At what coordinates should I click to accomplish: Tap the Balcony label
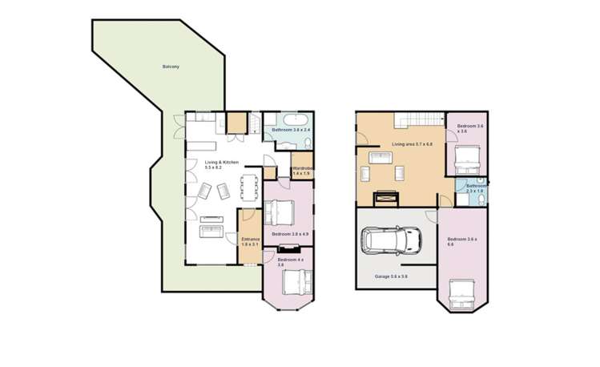170,67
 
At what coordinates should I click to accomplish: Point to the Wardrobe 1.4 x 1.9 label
302,171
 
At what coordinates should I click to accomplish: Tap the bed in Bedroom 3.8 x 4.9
280,212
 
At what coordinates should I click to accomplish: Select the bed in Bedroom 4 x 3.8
292,283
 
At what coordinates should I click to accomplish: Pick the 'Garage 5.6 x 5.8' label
392,276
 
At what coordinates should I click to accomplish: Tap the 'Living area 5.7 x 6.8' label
413,144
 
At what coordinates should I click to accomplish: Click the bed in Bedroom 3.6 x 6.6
463,294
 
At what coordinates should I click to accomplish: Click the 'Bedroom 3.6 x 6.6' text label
462,242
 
